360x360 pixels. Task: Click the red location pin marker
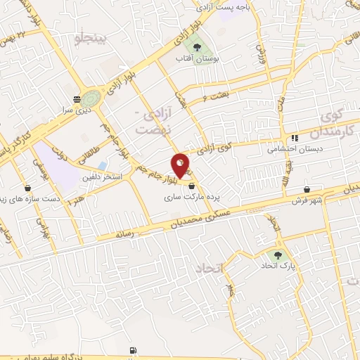pos(181,165)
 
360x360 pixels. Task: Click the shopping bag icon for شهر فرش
pos(308,190)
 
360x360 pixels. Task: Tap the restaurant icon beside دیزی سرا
pos(77,98)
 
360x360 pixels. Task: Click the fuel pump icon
pos(134,350)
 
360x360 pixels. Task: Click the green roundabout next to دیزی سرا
pos(91,98)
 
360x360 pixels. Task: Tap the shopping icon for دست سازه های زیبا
pos(27,188)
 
